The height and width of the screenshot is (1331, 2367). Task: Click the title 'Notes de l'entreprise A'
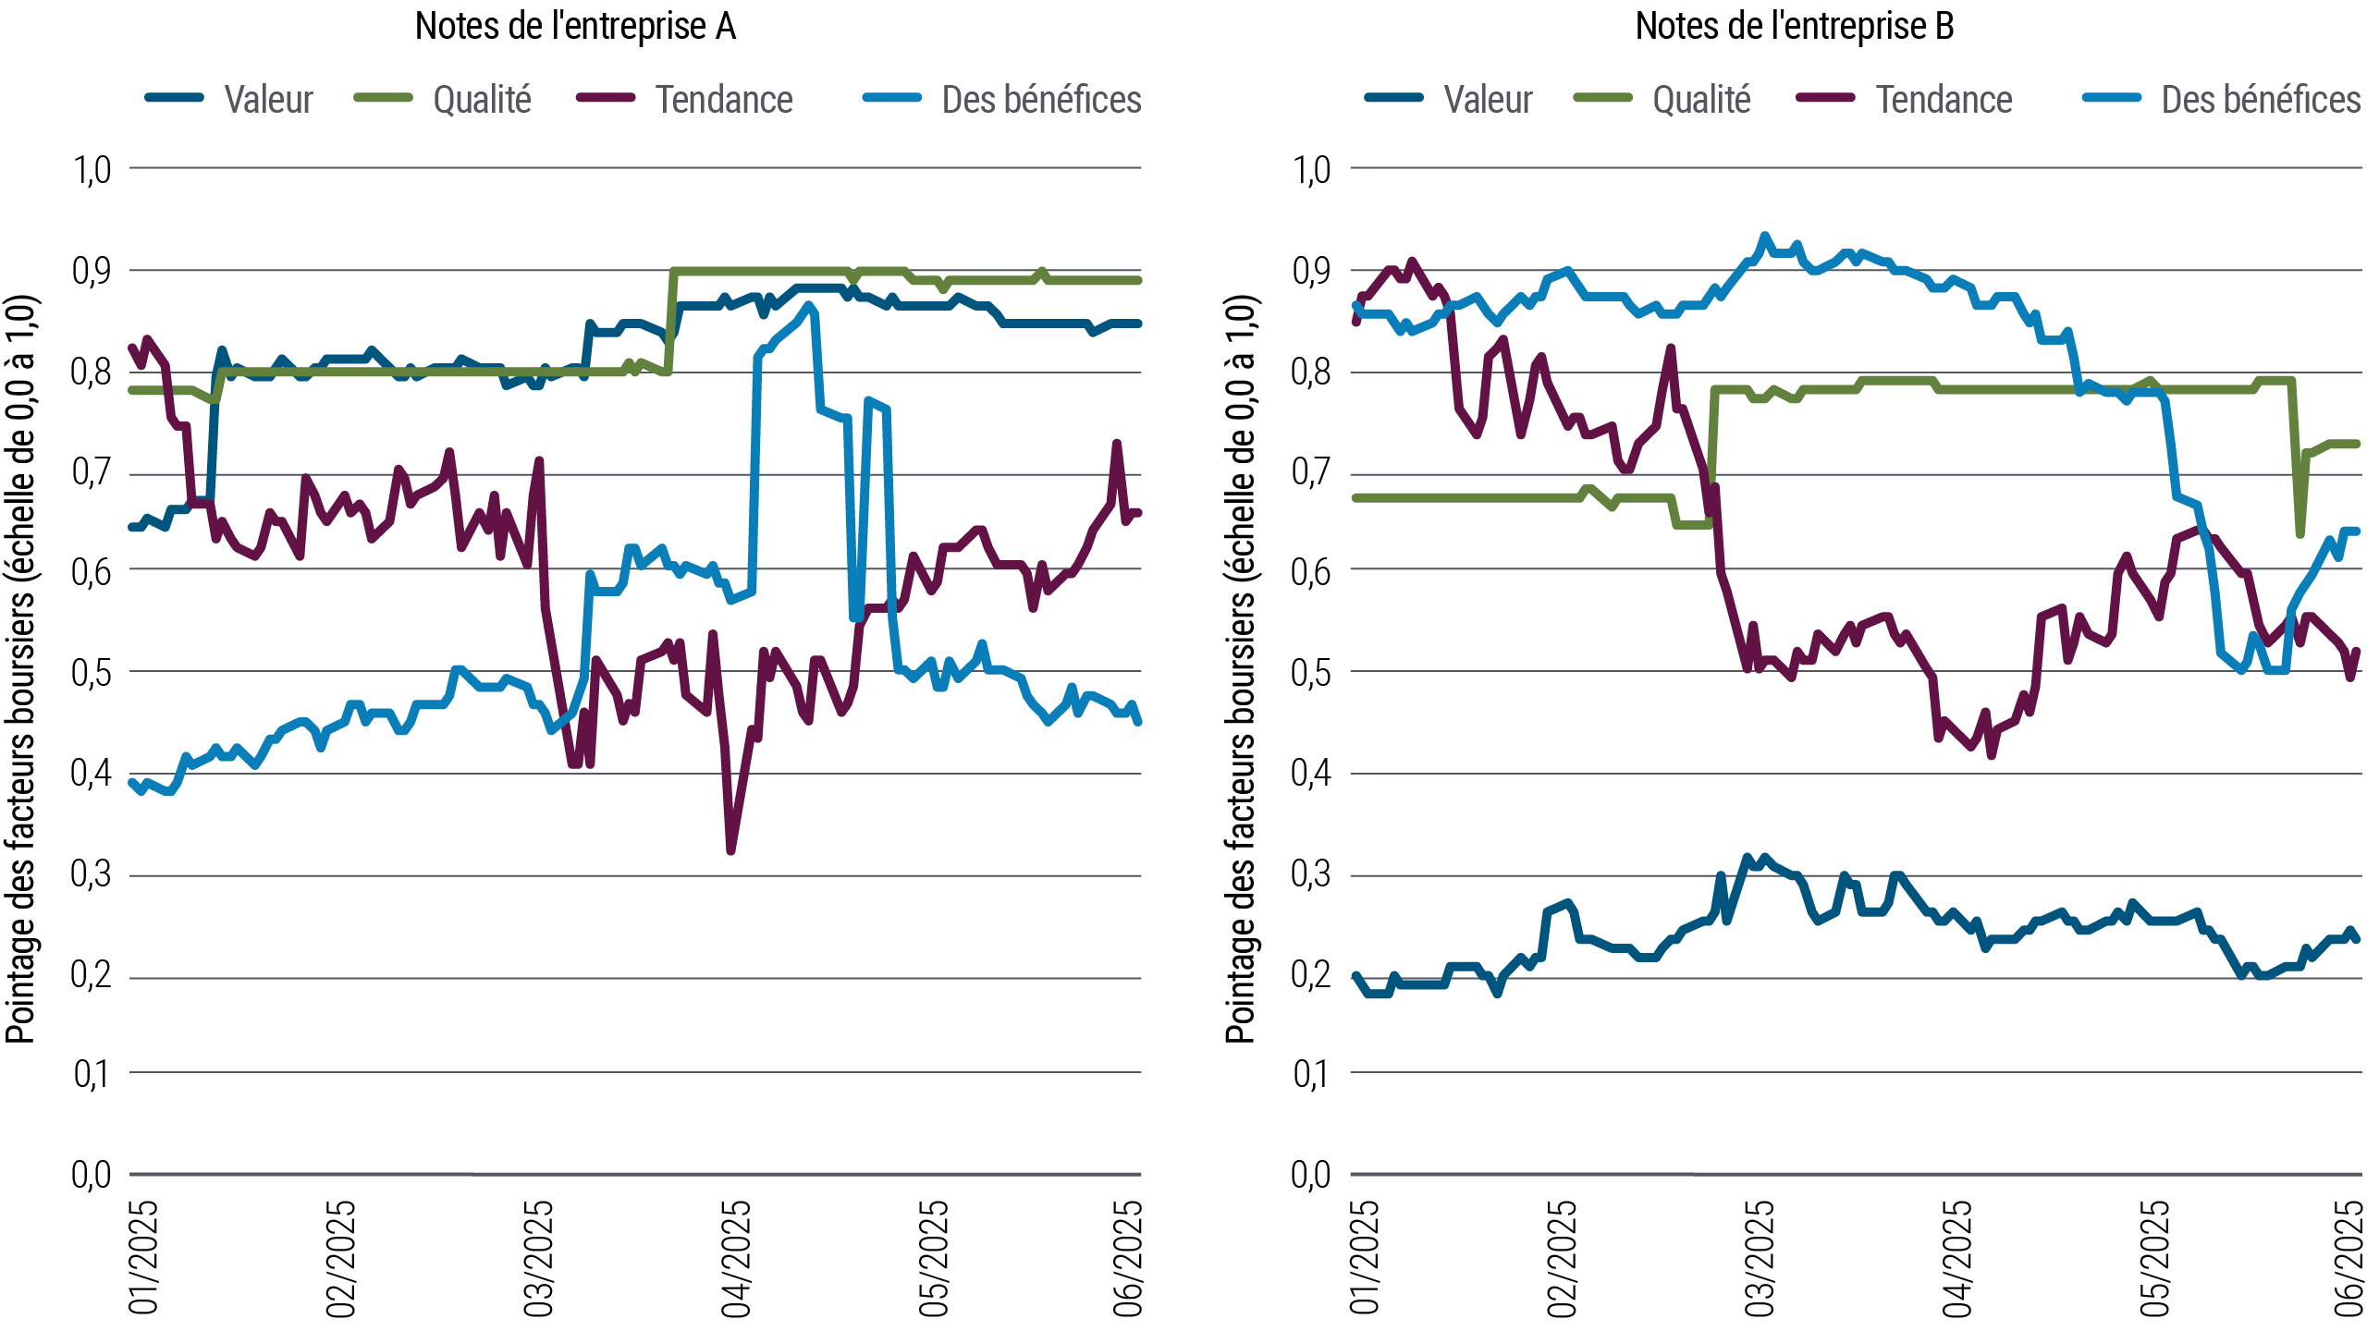[x=575, y=27]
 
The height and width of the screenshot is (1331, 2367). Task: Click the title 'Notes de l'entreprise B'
[x=1795, y=27]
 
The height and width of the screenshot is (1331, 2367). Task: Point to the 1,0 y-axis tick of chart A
[x=92, y=170]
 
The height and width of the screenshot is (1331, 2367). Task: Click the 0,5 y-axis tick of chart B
[x=1311, y=673]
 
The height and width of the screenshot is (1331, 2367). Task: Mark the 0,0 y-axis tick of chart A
[x=92, y=1175]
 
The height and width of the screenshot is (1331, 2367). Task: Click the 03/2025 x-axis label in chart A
[x=538, y=1258]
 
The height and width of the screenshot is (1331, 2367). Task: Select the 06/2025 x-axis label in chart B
[x=2349, y=1258]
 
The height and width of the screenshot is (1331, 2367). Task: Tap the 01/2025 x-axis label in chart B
[x=1364, y=1258]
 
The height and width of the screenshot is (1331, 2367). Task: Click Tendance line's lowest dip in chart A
[x=731, y=849]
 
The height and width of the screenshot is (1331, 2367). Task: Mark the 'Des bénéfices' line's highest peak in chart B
[x=1764, y=237]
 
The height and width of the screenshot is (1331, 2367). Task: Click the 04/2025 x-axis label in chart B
[x=1956, y=1258]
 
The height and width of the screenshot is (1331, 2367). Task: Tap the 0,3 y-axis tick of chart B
[x=1311, y=874]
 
